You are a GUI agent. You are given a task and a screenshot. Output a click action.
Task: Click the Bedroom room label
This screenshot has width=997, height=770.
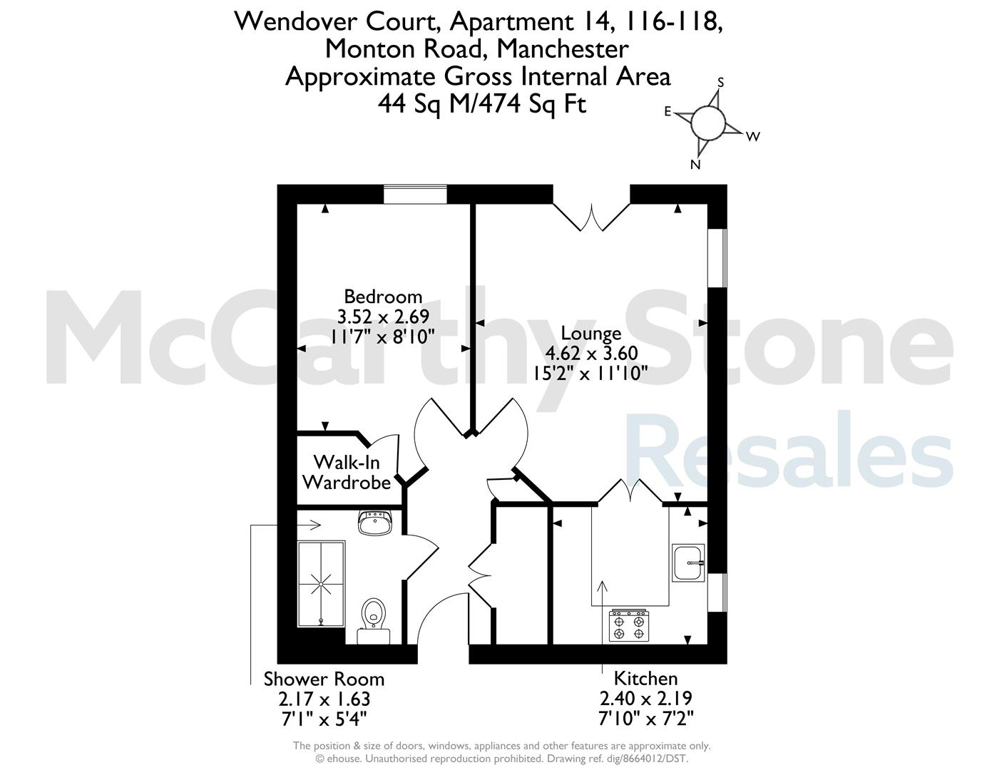(383, 297)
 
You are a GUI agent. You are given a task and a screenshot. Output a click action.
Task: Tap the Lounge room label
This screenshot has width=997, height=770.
(591, 334)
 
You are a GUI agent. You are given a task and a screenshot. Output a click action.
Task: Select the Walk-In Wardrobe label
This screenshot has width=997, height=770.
(347, 473)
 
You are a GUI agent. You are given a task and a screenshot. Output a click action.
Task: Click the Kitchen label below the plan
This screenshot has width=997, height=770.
(645, 678)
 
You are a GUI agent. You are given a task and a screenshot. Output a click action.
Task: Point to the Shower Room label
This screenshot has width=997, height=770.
(324, 679)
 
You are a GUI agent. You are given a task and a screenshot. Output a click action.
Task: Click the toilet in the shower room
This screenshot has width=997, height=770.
(374, 620)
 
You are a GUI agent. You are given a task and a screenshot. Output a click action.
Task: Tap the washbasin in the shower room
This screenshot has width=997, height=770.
(375, 523)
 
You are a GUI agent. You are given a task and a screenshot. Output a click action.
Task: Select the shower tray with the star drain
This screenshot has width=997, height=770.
(321, 584)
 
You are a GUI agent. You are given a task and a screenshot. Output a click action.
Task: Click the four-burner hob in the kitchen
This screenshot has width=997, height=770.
(629, 625)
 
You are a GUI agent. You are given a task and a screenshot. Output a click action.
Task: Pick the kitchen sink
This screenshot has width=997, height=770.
(688, 563)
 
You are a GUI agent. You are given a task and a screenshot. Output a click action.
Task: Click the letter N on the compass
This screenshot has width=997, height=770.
(695, 165)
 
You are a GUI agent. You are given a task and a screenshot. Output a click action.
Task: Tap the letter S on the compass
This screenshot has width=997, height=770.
(721, 82)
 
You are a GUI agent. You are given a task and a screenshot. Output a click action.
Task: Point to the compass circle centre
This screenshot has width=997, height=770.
(708, 123)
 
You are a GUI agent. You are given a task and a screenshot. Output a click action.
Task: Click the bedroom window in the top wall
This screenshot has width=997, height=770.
(415, 194)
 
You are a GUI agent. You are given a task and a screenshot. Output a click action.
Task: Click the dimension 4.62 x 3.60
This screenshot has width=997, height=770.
(591, 354)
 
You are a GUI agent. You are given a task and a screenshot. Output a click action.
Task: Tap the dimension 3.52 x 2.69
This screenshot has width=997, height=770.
(383, 317)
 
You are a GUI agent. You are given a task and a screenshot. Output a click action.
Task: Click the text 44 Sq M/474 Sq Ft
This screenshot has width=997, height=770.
(482, 104)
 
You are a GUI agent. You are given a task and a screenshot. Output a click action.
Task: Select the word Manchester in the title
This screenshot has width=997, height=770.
(563, 49)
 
